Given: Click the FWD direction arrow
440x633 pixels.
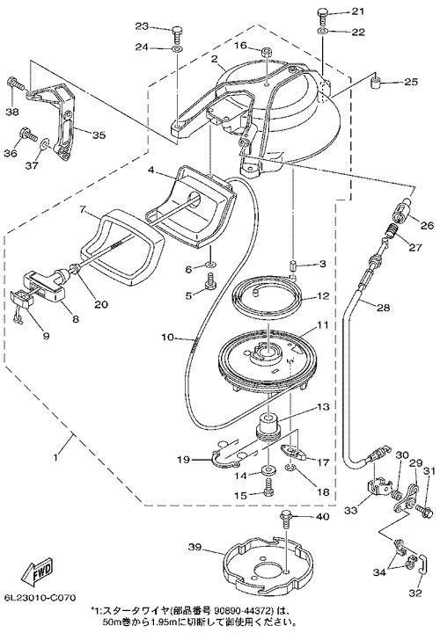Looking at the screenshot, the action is tap(37, 573).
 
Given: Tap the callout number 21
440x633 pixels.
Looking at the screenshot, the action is tap(357, 11).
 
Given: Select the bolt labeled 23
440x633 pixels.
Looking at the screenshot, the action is tap(177, 34).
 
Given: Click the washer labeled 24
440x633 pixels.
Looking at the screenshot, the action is tap(177, 49).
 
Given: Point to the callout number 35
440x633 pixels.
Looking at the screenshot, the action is tap(99, 135).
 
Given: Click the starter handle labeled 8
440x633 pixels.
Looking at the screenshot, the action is tap(45, 285).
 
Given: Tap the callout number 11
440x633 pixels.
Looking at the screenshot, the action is tap(323, 325).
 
